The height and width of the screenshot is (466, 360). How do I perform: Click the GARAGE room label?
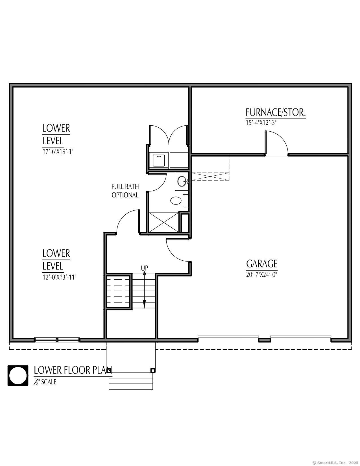tap(261, 264)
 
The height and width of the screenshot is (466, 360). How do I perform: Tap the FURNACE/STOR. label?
tap(276, 112)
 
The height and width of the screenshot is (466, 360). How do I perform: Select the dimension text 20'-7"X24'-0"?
tap(261, 275)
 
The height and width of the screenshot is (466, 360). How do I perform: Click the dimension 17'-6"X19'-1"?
tap(58, 151)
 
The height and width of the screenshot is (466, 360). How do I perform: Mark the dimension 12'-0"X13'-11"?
tap(59, 277)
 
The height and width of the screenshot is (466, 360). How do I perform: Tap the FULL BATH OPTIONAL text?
tap(125, 191)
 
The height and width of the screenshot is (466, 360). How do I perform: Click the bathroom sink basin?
tap(182, 181)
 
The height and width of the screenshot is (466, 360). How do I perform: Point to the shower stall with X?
tap(164, 222)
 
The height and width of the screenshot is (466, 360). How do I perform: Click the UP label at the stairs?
tap(144, 268)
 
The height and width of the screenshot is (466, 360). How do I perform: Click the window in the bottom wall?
tap(57, 340)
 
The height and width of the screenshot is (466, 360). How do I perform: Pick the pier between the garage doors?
tap(265, 340)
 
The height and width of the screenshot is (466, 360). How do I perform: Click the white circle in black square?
tap(18, 376)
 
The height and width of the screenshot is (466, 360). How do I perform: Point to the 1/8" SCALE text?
tap(45, 382)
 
